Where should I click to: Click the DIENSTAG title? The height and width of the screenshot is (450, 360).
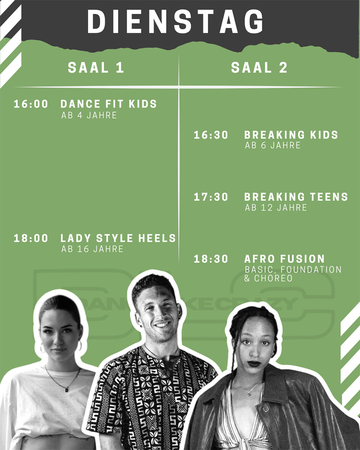[x=175, y=21]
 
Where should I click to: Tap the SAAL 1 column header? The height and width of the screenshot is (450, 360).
[x=96, y=67]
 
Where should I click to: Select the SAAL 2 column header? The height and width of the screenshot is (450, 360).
[x=259, y=67]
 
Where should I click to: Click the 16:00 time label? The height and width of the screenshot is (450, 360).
[x=31, y=104]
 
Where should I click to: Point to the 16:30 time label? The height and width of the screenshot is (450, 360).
[x=211, y=135]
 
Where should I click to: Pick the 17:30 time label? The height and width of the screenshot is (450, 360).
[x=211, y=197]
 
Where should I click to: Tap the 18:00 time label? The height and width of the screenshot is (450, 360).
[x=31, y=238]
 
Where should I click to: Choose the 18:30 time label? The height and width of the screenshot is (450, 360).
[x=211, y=259]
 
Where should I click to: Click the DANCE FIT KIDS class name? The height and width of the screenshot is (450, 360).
[x=109, y=104]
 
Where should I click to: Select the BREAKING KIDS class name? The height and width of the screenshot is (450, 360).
[x=291, y=135]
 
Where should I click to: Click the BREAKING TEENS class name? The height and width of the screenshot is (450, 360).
[x=296, y=197]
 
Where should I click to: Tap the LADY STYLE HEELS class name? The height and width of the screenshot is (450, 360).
[x=118, y=238]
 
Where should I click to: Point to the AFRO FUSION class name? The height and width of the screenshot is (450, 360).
[x=284, y=259]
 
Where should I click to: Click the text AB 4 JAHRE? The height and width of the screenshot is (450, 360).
[x=89, y=115]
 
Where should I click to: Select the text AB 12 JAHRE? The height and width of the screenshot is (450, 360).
[x=276, y=208]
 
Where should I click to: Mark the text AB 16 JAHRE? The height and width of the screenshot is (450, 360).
[x=92, y=249]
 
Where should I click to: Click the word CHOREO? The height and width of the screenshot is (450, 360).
[x=273, y=278]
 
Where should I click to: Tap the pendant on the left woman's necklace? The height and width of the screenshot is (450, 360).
[x=66, y=389]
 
